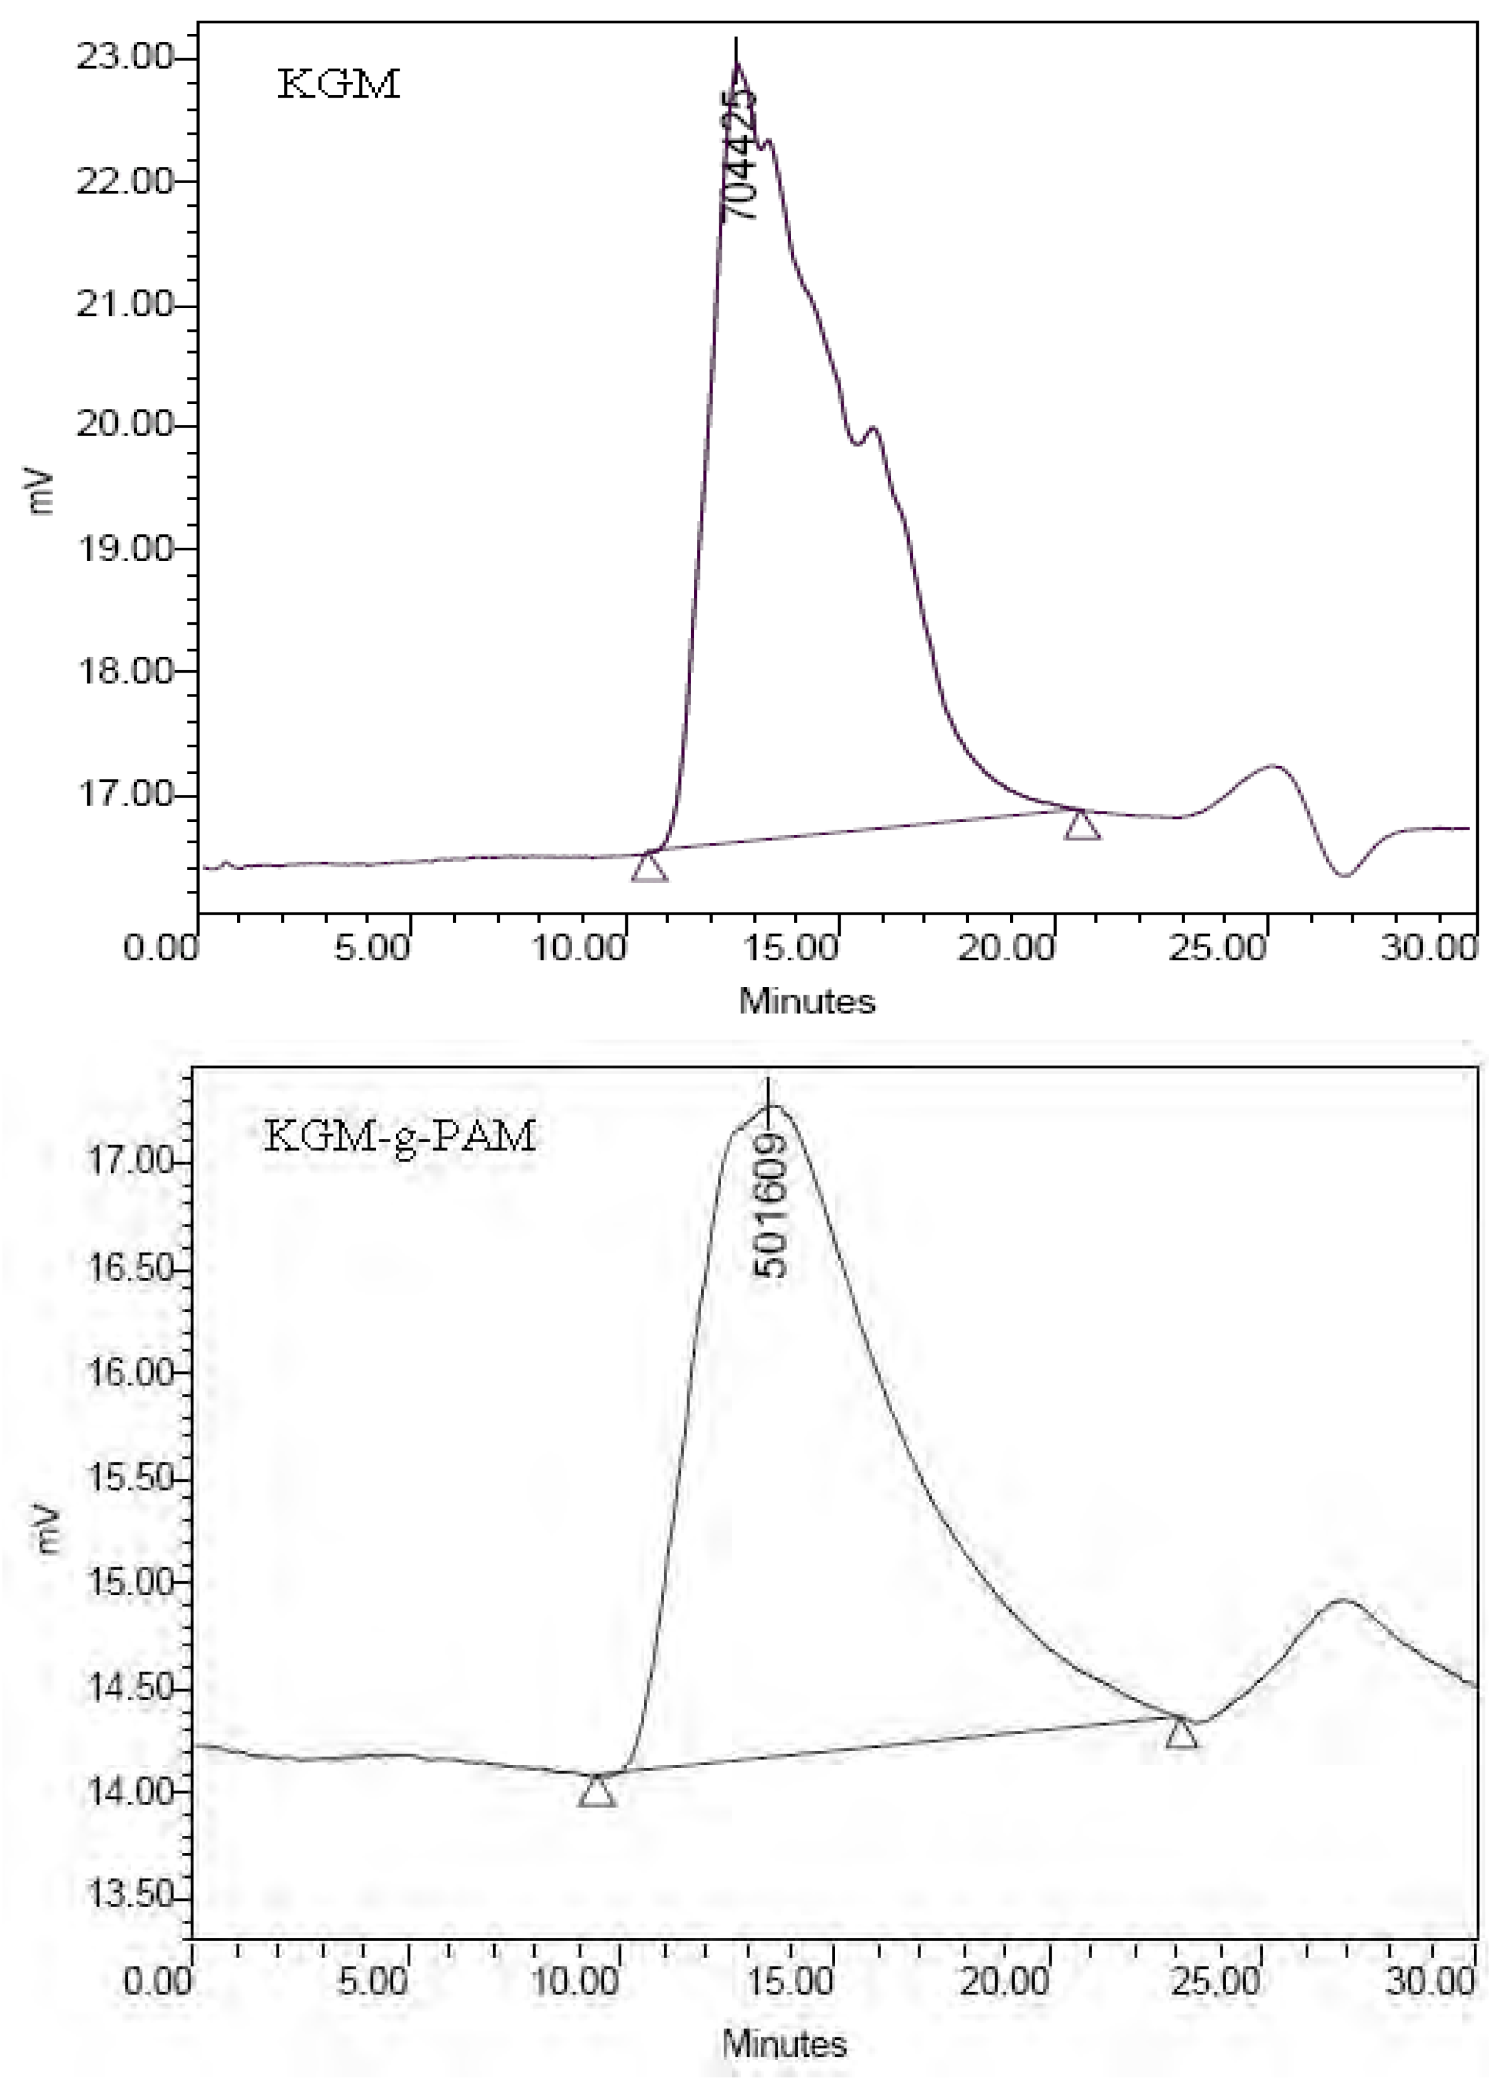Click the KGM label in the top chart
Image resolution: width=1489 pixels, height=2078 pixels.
338,84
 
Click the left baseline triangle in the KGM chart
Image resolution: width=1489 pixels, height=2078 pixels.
649,867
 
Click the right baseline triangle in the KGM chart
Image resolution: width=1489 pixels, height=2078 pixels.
1082,825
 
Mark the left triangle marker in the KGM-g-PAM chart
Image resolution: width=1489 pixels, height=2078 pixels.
597,1791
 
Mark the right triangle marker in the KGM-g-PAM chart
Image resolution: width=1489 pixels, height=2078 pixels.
1181,1733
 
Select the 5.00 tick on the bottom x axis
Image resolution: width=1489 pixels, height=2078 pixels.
371,1981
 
